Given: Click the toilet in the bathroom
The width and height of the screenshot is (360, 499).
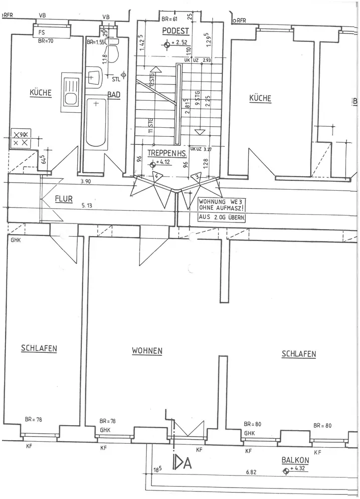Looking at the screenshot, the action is (114, 52).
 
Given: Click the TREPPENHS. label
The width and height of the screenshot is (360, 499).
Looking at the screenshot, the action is (166, 154).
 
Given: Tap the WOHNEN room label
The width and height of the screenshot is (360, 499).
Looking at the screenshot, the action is (147, 351).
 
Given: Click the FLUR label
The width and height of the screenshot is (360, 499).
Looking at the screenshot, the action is (63, 198).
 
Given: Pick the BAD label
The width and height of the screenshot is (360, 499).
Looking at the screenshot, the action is (114, 94).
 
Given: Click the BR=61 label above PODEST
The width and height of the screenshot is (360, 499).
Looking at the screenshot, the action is (170, 19).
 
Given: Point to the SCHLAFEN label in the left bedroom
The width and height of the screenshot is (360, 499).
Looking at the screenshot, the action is (38, 348).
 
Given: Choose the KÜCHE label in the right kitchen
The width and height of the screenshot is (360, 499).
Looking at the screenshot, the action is (260, 99).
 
